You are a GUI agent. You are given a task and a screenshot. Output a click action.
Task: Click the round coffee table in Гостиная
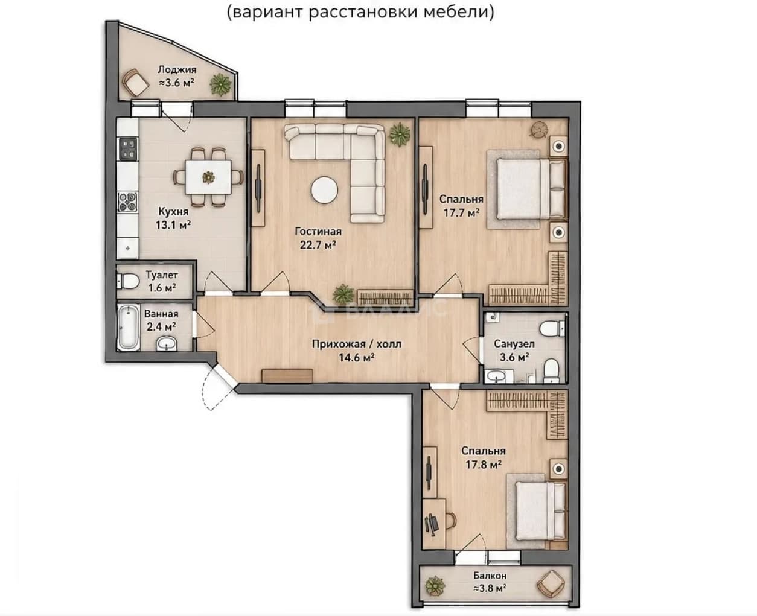click(x=324, y=191)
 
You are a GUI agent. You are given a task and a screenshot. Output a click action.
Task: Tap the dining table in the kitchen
click(x=209, y=177)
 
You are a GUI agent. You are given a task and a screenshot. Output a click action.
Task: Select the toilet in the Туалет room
click(x=127, y=281)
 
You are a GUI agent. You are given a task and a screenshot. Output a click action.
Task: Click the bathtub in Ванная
click(x=128, y=328)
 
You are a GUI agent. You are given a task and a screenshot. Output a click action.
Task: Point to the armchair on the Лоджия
click(x=135, y=83)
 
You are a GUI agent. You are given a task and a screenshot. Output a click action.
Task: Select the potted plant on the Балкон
click(x=435, y=587)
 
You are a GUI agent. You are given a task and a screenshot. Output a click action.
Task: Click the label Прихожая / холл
click(x=356, y=344)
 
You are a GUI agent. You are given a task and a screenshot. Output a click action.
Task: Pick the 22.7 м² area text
click(x=318, y=245)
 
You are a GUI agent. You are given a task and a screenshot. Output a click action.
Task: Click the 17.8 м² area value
click(x=484, y=465)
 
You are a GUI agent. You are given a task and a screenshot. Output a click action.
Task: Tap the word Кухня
click(x=173, y=212)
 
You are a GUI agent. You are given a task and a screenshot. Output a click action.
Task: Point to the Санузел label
click(x=514, y=343)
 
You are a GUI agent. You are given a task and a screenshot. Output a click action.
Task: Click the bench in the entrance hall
click(x=287, y=376)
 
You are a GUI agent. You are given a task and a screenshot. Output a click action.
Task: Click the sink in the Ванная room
click(x=166, y=343)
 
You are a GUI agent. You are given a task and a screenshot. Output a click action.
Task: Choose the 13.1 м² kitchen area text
click(x=173, y=225)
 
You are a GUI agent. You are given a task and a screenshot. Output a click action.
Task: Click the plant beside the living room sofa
click(x=400, y=135)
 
